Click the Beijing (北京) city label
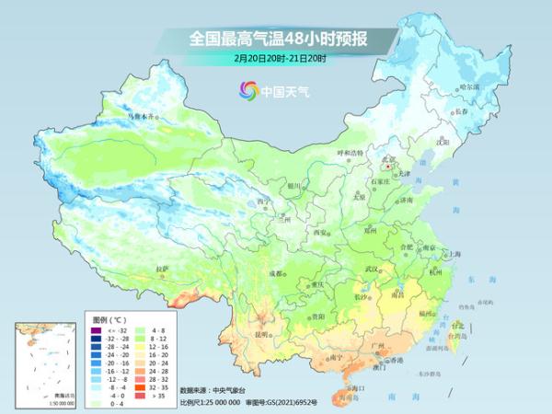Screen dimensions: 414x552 pos(390,159)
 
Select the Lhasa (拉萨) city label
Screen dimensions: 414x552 pos(162,269)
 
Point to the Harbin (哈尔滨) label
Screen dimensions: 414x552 pos(468,86)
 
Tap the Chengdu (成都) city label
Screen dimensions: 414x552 pos(276,273)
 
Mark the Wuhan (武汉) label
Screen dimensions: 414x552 pos(372,268)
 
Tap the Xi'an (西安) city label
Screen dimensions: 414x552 pos(320,233)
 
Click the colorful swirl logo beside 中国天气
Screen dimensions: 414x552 pos(248,90)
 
